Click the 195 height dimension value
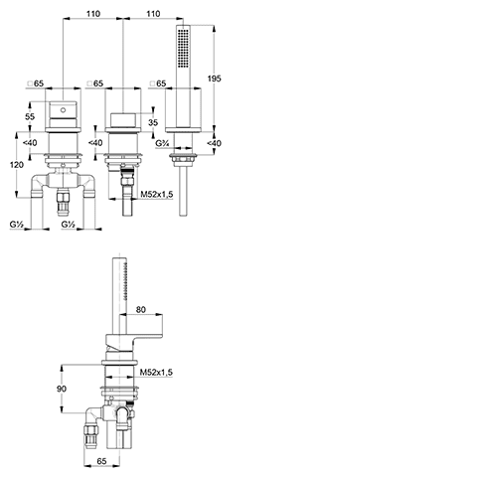click(214, 79)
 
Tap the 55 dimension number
click(30, 116)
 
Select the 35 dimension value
click(153, 122)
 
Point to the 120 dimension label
click(17, 165)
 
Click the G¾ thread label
click(163, 143)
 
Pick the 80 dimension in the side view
click(141, 309)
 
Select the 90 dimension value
click(62, 389)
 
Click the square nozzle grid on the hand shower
click(183, 48)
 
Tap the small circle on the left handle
click(63, 110)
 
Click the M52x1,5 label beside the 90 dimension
click(156, 373)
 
